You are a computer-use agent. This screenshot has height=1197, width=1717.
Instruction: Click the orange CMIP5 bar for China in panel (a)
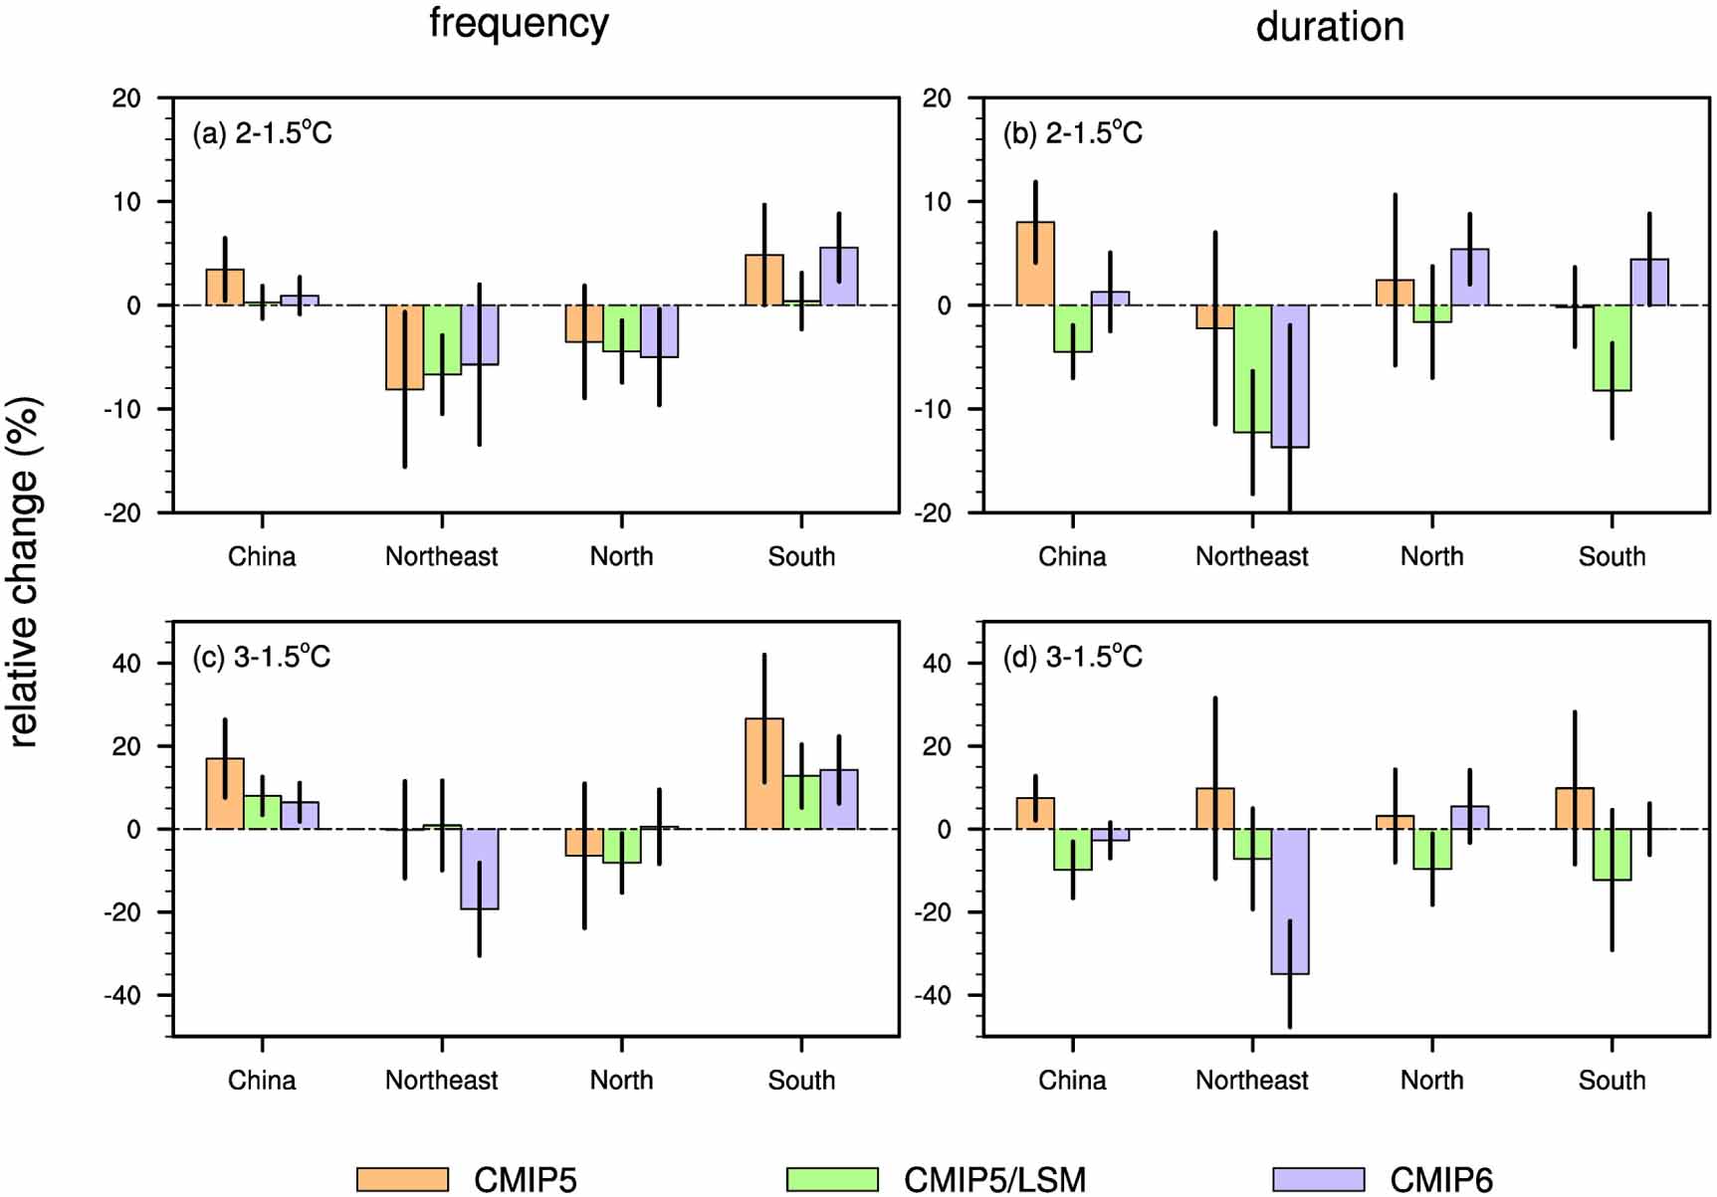225,288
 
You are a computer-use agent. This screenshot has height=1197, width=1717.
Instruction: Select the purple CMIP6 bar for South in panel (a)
839,277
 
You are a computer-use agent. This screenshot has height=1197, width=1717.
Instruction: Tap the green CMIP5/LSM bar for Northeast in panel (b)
1252,368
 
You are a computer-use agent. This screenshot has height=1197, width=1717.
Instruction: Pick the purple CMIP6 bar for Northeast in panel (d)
1290,900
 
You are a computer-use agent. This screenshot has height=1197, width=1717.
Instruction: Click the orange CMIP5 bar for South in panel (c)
764,774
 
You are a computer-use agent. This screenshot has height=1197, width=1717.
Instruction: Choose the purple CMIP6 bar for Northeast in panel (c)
480,869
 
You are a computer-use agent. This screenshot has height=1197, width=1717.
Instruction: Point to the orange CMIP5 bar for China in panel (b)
1035,264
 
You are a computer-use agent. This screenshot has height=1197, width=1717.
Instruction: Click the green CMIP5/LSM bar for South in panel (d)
1612,854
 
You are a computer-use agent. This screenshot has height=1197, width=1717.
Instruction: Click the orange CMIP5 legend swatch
402,1179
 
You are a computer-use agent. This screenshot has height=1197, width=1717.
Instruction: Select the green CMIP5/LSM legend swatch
832,1179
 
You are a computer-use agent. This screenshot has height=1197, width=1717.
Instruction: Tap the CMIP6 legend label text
1441,1179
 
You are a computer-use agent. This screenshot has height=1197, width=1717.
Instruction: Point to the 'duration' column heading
1330,26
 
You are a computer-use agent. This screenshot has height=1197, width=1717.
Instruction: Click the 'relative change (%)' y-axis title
24,572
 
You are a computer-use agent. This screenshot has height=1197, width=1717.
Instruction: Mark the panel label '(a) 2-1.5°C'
262,132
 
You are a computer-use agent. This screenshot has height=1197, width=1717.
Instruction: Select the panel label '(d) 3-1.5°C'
1072,657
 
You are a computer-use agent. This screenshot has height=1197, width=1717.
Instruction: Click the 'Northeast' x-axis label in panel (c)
442,1080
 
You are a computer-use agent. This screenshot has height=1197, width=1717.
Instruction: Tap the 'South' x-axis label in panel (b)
1611,556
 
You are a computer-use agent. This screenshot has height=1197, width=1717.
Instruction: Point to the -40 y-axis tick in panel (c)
125,995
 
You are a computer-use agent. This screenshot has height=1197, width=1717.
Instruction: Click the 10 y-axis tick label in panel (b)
936,202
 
